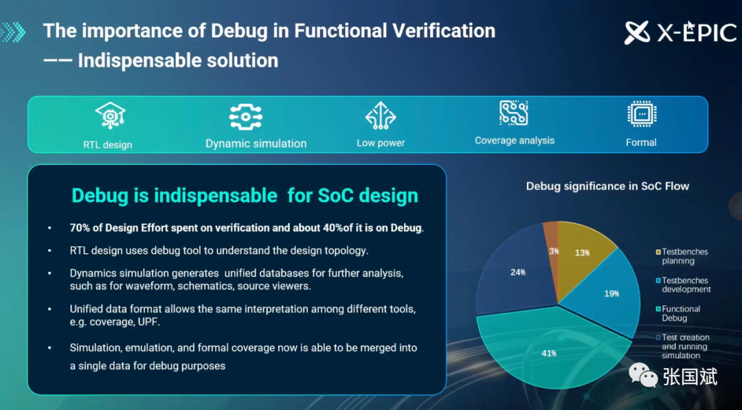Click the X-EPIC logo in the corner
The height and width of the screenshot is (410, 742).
tap(680, 32)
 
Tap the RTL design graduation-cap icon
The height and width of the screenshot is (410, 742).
tap(110, 116)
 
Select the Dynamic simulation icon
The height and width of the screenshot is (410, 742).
tap(245, 116)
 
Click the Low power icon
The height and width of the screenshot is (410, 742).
tap(381, 116)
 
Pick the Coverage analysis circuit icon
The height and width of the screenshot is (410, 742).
tap(513, 113)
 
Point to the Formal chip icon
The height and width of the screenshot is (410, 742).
tap(642, 114)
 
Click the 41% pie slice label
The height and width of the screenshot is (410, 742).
tap(549, 353)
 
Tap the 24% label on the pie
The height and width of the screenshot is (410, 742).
tap(518, 272)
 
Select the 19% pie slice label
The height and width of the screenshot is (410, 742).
tap(611, 294)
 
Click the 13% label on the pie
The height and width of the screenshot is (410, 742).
tap(583, 252)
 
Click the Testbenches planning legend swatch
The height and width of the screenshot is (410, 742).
tap(657, 252)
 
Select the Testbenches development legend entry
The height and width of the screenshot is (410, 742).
tap(683, 285)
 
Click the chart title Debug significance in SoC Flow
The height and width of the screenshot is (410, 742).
tap(607, 186)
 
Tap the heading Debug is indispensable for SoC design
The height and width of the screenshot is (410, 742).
tap(245, 196)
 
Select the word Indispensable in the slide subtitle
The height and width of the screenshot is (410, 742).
tap(138, 61)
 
